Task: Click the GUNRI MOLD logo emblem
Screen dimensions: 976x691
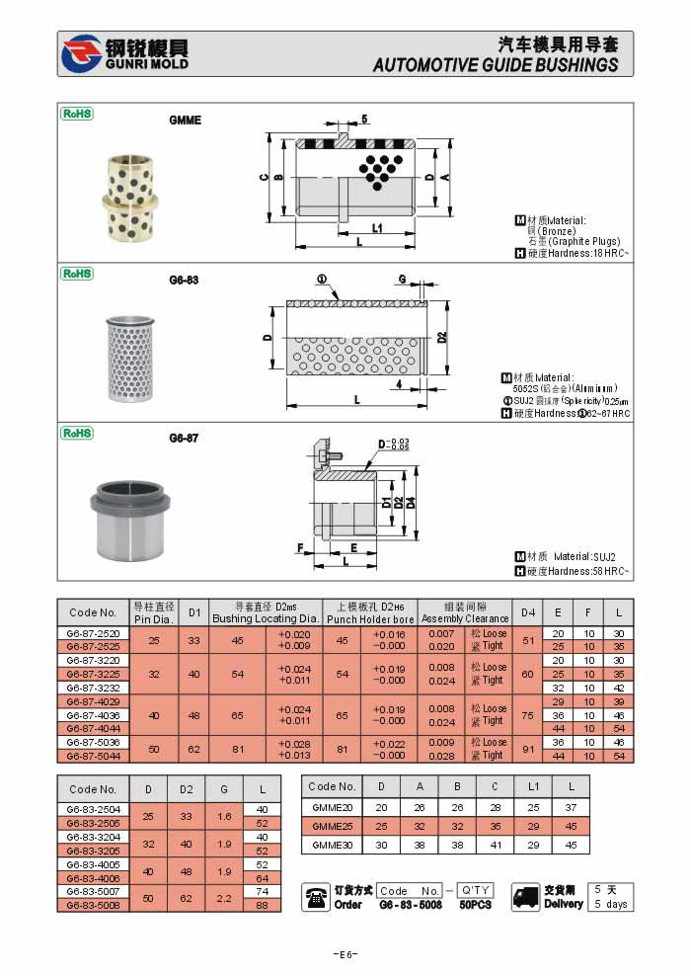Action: [x=81, y=54]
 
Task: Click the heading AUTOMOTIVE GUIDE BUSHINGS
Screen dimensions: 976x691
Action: [x=496, y=65]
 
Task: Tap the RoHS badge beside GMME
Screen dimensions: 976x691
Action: [x=77, y=114]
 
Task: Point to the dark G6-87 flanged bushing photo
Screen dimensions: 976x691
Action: [x=129, y=506]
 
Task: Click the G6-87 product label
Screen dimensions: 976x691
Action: [x=184, y=438]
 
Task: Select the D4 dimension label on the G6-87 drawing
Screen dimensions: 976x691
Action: [x=410, y=503]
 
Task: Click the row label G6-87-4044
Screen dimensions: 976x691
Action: [x=93, y=728]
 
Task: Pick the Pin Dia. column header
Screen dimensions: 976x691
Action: [x=153, y=619]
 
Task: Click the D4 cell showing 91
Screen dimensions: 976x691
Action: [x=528, y=748]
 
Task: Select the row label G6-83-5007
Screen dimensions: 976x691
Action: [x=93, y=891]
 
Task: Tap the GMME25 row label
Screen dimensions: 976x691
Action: [x=333, y=825]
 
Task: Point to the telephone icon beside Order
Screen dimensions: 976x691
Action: [x=316, y=897]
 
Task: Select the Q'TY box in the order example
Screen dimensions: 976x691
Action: [x=477, y=890]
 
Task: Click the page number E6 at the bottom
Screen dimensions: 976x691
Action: [x=345, y=953]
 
